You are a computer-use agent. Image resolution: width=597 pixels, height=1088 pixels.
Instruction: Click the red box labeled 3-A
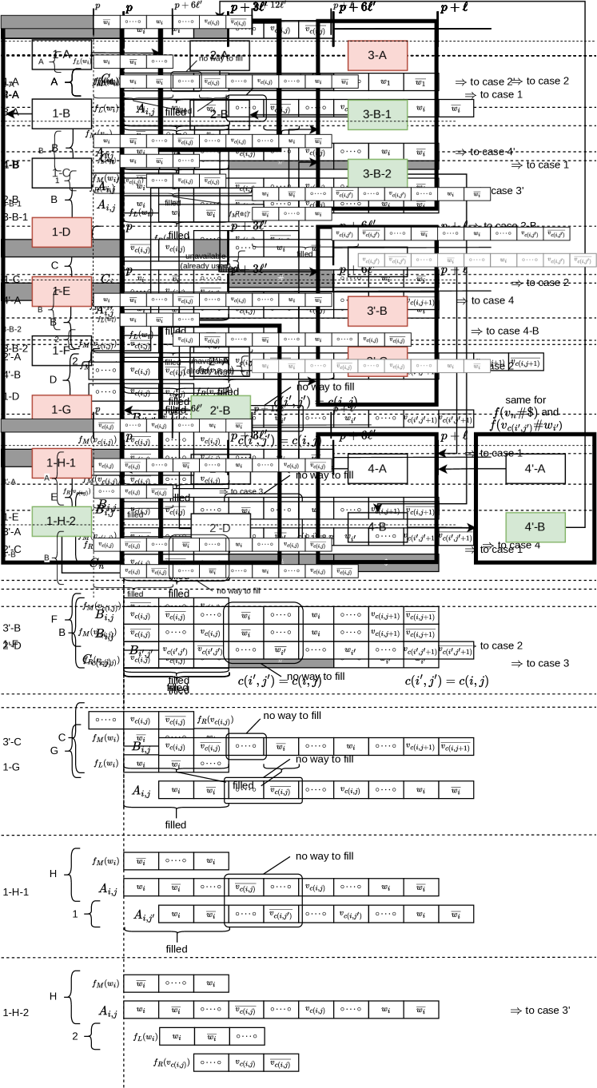click(x=377, y=55)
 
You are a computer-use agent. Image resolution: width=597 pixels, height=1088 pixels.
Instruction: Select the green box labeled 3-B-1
click(x=377, y=114)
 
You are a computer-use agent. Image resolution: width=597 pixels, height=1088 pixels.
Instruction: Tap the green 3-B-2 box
click(x=377, y=173)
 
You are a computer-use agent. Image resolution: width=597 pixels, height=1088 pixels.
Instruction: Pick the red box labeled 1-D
click(x=62, y=232)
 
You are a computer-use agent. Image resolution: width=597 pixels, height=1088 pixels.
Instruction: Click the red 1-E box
click(x=62, y=291)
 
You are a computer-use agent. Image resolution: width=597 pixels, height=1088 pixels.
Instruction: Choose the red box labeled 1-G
click(x=62, y=409)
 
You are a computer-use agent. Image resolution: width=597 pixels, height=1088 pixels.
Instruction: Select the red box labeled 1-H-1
click(x=62, y=463)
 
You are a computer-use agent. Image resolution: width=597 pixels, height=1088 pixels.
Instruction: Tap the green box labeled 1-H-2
click(x=62, y=521)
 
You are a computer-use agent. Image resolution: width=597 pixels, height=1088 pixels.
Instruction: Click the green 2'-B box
click(x=220, y=411)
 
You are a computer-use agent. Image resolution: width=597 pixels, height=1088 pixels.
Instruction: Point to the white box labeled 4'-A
click(x=535, y=469)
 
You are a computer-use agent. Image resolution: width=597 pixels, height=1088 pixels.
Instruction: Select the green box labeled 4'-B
click(x=535, y=527)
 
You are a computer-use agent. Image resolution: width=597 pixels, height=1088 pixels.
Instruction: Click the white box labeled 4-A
click(x=377, y=469)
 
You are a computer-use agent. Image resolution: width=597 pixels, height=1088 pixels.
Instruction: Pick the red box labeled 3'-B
click(x=377, y=311)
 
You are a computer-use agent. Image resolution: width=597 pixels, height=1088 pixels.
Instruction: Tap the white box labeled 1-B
click(x=62, y=113)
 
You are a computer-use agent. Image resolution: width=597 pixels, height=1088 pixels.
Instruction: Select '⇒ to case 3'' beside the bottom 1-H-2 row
click(x=539, y=1011)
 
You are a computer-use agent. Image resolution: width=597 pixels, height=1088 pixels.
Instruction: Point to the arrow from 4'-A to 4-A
click(x=472, y=468)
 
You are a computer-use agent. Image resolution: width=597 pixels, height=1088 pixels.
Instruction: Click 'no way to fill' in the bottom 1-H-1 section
click(x=324, y=856)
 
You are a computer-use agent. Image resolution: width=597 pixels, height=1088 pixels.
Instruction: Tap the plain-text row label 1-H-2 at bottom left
click(x=16, y=1013)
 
